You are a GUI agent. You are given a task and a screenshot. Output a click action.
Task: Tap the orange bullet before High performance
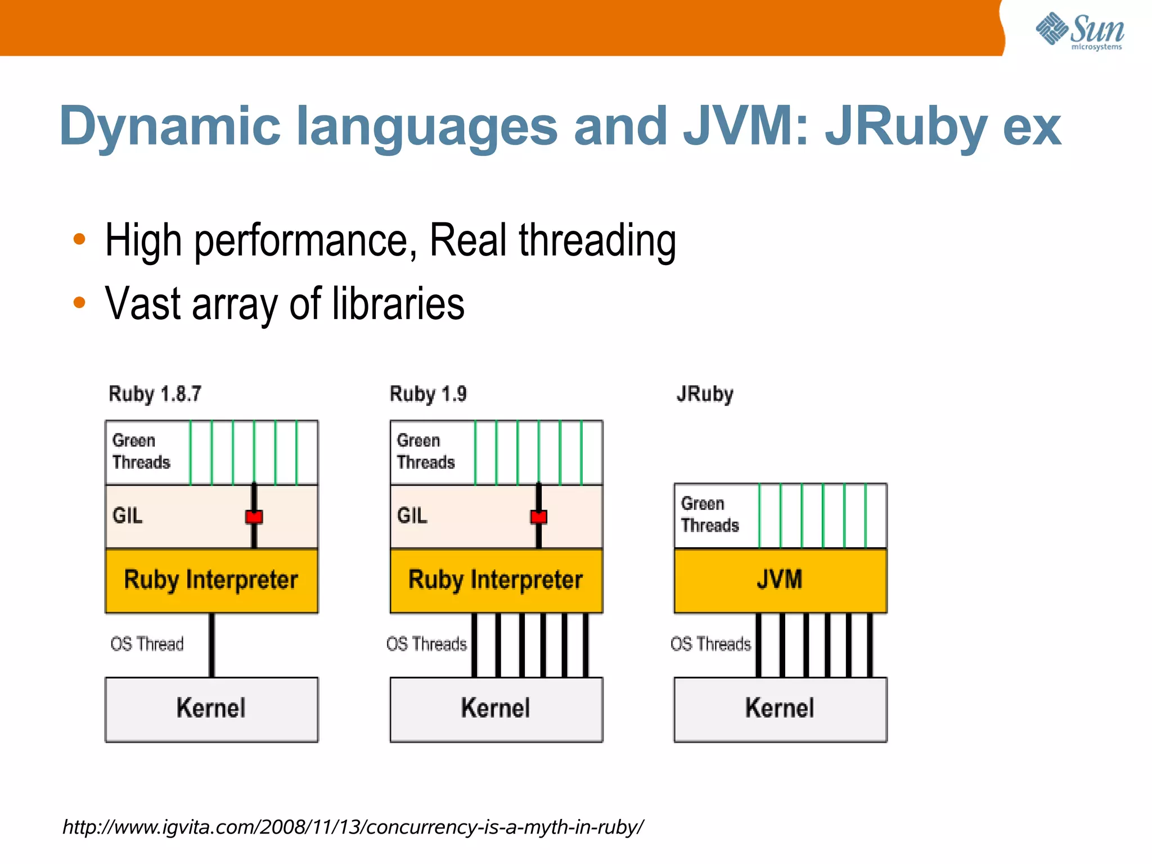[79, 239]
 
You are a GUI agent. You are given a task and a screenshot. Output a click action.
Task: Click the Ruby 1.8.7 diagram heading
[155, 394]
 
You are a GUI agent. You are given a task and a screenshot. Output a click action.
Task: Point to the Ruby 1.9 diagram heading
[428, 394]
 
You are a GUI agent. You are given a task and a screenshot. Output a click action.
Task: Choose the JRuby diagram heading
[705, 394]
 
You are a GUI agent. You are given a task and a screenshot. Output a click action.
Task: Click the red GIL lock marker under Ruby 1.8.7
[254, 517]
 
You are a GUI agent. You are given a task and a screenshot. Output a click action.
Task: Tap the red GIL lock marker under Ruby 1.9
[539, 517]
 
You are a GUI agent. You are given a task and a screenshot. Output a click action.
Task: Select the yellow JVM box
[780, 580]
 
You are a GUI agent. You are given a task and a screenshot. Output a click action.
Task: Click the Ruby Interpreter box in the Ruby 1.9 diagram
[496, 580]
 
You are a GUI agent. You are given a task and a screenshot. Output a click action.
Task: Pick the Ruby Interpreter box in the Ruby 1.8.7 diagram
[211, 580]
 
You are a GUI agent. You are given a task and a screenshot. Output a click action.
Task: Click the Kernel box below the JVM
[780, 709]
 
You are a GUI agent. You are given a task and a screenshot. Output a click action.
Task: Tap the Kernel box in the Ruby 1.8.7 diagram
[211, 709]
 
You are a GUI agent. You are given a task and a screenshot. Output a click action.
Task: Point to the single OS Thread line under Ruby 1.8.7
[211, 645]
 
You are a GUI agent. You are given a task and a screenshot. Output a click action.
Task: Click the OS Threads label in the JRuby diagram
[710, 644]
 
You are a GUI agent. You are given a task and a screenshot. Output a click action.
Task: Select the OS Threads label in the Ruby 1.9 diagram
[426, 644]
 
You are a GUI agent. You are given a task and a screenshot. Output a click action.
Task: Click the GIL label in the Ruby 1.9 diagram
[412, 516]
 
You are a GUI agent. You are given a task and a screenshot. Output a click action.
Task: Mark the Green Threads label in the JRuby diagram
[709, 514]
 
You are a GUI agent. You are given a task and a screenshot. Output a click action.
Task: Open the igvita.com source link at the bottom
[353, 827]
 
